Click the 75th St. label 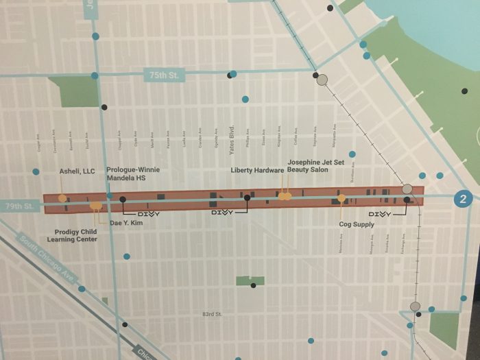162,75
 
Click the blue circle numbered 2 464,200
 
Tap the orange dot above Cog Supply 341,198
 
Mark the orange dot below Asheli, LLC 62,199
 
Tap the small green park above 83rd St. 250,280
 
